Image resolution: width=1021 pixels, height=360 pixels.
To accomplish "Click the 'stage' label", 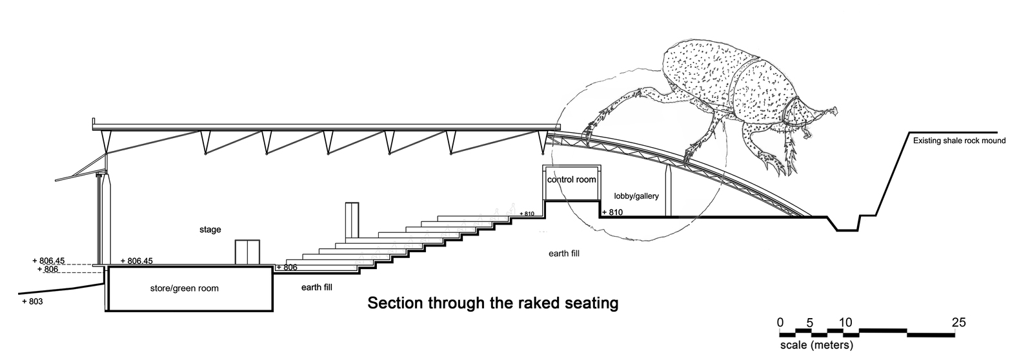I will click(x=210, y=230).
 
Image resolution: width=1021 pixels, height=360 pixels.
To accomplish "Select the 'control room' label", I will click(x=571, y=179).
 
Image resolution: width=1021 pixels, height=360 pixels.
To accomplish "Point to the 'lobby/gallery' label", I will click(x=636, y=195).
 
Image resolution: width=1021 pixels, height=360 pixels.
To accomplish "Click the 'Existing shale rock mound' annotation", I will click(x=958, y=141).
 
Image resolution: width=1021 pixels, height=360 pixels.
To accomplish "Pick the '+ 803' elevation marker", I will click(x=32, y=301).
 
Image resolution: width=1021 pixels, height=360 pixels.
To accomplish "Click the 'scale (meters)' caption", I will click(x=816, y=346).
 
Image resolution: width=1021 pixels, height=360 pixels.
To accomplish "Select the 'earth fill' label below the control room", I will click(x=563, y=254).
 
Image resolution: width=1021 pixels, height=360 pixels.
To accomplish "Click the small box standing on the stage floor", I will click(x=246, y=252).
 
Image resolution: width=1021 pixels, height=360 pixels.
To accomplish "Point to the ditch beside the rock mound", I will click(x=847, y=225).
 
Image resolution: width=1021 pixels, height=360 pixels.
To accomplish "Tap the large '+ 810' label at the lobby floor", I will click(x=613, y=212).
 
